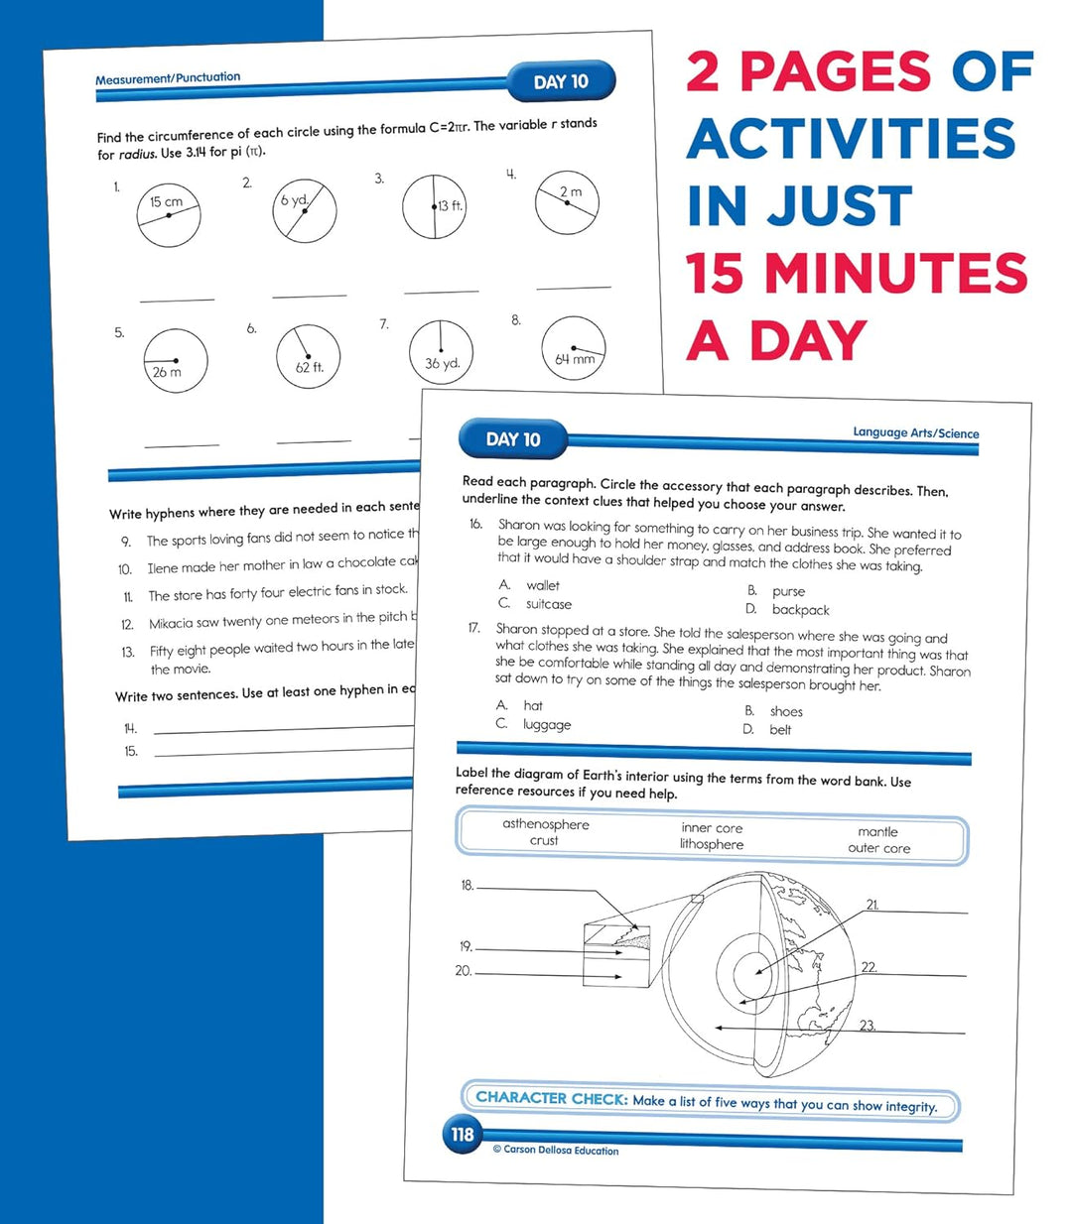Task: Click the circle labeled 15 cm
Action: [x=169, y=215]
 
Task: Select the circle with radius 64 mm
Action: [x=574, y=349]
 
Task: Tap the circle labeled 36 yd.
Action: [x=442, y=352]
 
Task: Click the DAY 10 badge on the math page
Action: [x=561, y=81]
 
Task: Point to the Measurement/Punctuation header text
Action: [x=168, y=78]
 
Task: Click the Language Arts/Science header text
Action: [x=915, y=432]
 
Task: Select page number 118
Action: [x=463, y=1134]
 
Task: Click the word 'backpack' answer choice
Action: [x=800, y=610]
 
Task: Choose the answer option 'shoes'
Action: [x=786, y=711]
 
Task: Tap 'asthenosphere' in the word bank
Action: [x=546, y=824]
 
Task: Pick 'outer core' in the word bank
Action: [x=878, y=848]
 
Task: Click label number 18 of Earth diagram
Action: [x=467, y=885]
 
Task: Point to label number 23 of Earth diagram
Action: [x=868, y=1026]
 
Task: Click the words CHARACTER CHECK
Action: [x=551, y=1098]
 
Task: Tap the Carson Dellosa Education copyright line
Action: [x=556, y=1150]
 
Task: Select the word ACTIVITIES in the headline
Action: [x=852, y=139]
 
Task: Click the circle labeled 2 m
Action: [x=567, y=203]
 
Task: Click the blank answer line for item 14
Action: [x=283, y=730]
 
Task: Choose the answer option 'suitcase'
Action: [x=548, y=604]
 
